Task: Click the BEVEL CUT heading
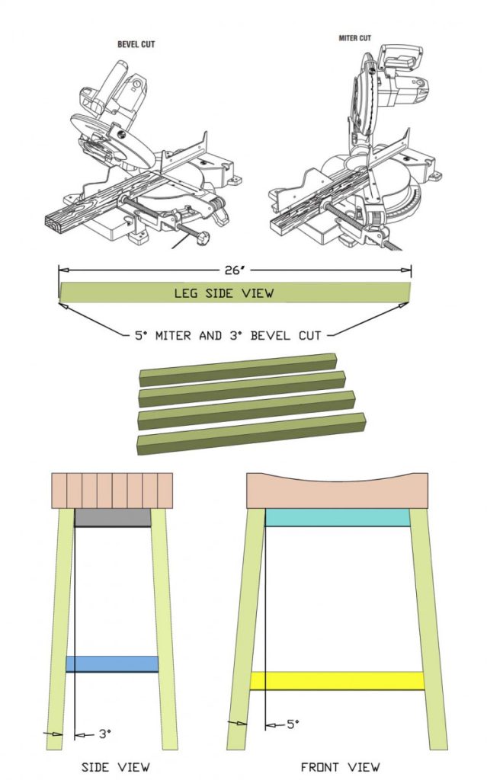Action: pos(136,44)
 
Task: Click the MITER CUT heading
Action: pos(354,38)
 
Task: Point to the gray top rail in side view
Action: pos(113,518)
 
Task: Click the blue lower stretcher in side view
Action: pos(112,663)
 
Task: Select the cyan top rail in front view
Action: pos(338,518)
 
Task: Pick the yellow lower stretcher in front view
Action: pos(337,680)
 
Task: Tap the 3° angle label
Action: pos(104,734)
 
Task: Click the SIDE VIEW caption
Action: pos(115,766)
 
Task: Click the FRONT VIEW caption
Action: pos(340,766)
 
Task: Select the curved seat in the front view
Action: pos(338,494)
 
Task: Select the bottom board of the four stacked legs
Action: pos(250,434)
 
